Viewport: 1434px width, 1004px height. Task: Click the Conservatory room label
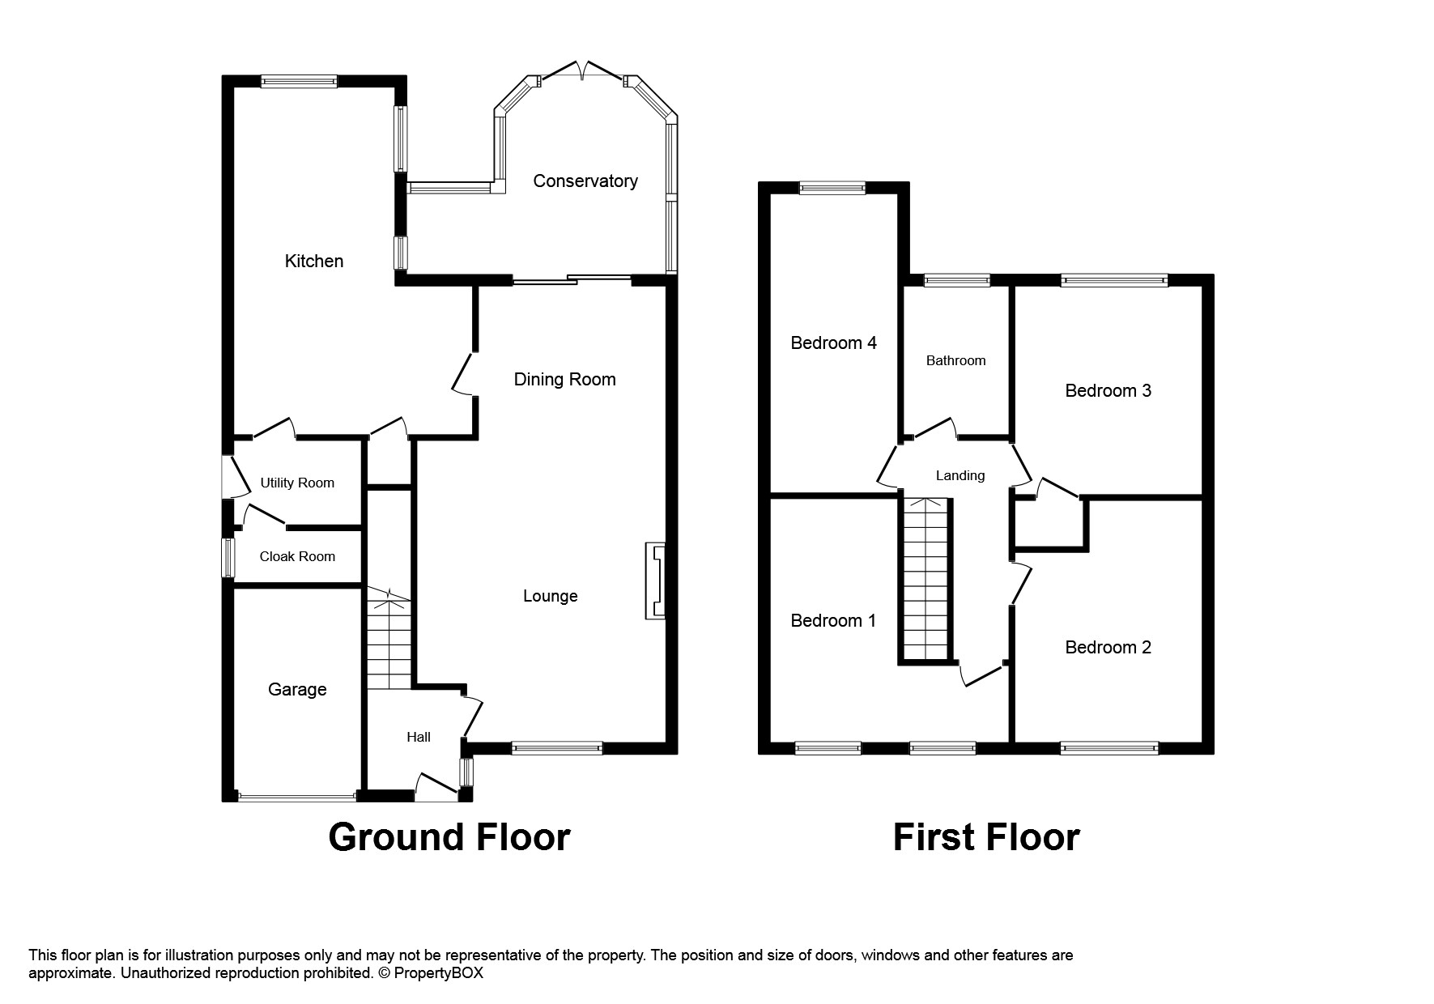pos(585,181)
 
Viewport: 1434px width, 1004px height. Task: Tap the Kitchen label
pos(314,261)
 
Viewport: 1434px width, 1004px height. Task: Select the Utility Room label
pos(297,483)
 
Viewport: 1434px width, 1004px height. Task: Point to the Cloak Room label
pos(297,556)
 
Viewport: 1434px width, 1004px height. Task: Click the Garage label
pos(297,689)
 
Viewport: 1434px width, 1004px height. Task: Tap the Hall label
pos(419,737)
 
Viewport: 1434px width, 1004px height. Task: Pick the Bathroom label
pos(955,360)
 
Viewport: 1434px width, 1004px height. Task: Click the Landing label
pos(960,475)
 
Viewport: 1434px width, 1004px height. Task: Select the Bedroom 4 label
pos(833,343)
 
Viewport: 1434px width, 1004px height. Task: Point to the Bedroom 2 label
pos(1108,647)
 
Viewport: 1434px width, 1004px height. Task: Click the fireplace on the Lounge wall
pos(655,581)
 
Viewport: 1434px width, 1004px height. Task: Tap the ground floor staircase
pos(389,640)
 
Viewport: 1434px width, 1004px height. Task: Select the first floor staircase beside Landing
pos(924,579)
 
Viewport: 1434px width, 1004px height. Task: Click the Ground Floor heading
pos(449,837)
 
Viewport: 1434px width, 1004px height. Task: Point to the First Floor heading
pos(985,837)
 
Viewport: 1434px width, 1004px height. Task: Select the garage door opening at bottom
pos(297,797)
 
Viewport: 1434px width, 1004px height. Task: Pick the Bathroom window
pos(957,281)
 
